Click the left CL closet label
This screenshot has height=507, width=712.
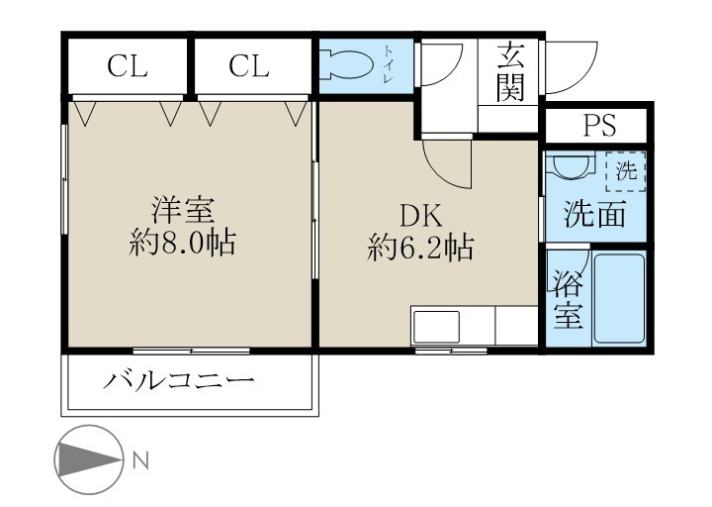[x=129, y=66]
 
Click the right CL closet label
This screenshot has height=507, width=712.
[x=249, y=66]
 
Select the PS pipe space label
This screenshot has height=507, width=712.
[x=598, y=126]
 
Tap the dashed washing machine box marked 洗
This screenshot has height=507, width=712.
[x=625, y=170]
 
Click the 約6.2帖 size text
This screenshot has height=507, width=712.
[x=419, y=247]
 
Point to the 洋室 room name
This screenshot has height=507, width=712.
[x=183, y=210]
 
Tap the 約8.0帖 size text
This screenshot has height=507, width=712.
[x=183, y=243]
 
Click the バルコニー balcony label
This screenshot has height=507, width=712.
[x=181, y=380]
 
